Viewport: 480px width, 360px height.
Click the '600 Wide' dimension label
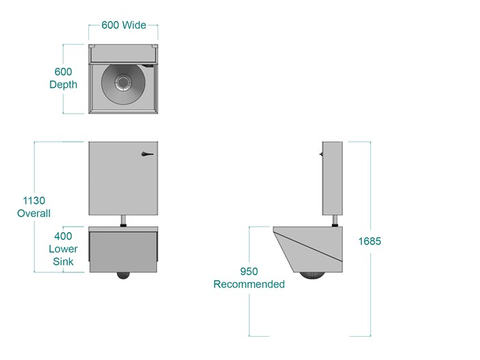point(124,25)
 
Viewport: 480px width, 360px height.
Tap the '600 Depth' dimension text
point(64,78)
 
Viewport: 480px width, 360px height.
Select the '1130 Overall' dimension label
point(34,207)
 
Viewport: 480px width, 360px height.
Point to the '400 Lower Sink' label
point(63,248)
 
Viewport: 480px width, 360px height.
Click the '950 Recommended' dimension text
point(249,278)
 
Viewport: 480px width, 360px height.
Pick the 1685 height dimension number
point(370,242)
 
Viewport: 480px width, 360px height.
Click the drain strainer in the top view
point(123,82)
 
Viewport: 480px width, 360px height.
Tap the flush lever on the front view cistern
point(147,154)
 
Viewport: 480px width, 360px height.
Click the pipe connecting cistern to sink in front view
point(124,221)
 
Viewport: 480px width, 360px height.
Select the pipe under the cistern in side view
point(336,221)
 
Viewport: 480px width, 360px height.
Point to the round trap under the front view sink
point(123,275)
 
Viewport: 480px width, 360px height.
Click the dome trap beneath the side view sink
point(312,276)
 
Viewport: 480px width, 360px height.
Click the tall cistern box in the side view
point(333,179)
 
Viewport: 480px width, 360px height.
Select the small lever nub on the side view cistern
point(321,154)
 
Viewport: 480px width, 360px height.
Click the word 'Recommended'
point(249,284)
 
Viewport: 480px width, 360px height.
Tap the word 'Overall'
point(34,213)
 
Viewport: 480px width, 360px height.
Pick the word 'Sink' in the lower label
point(63,261)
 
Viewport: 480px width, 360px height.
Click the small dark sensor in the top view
point(149,66)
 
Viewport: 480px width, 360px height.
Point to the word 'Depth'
point(64,84)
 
